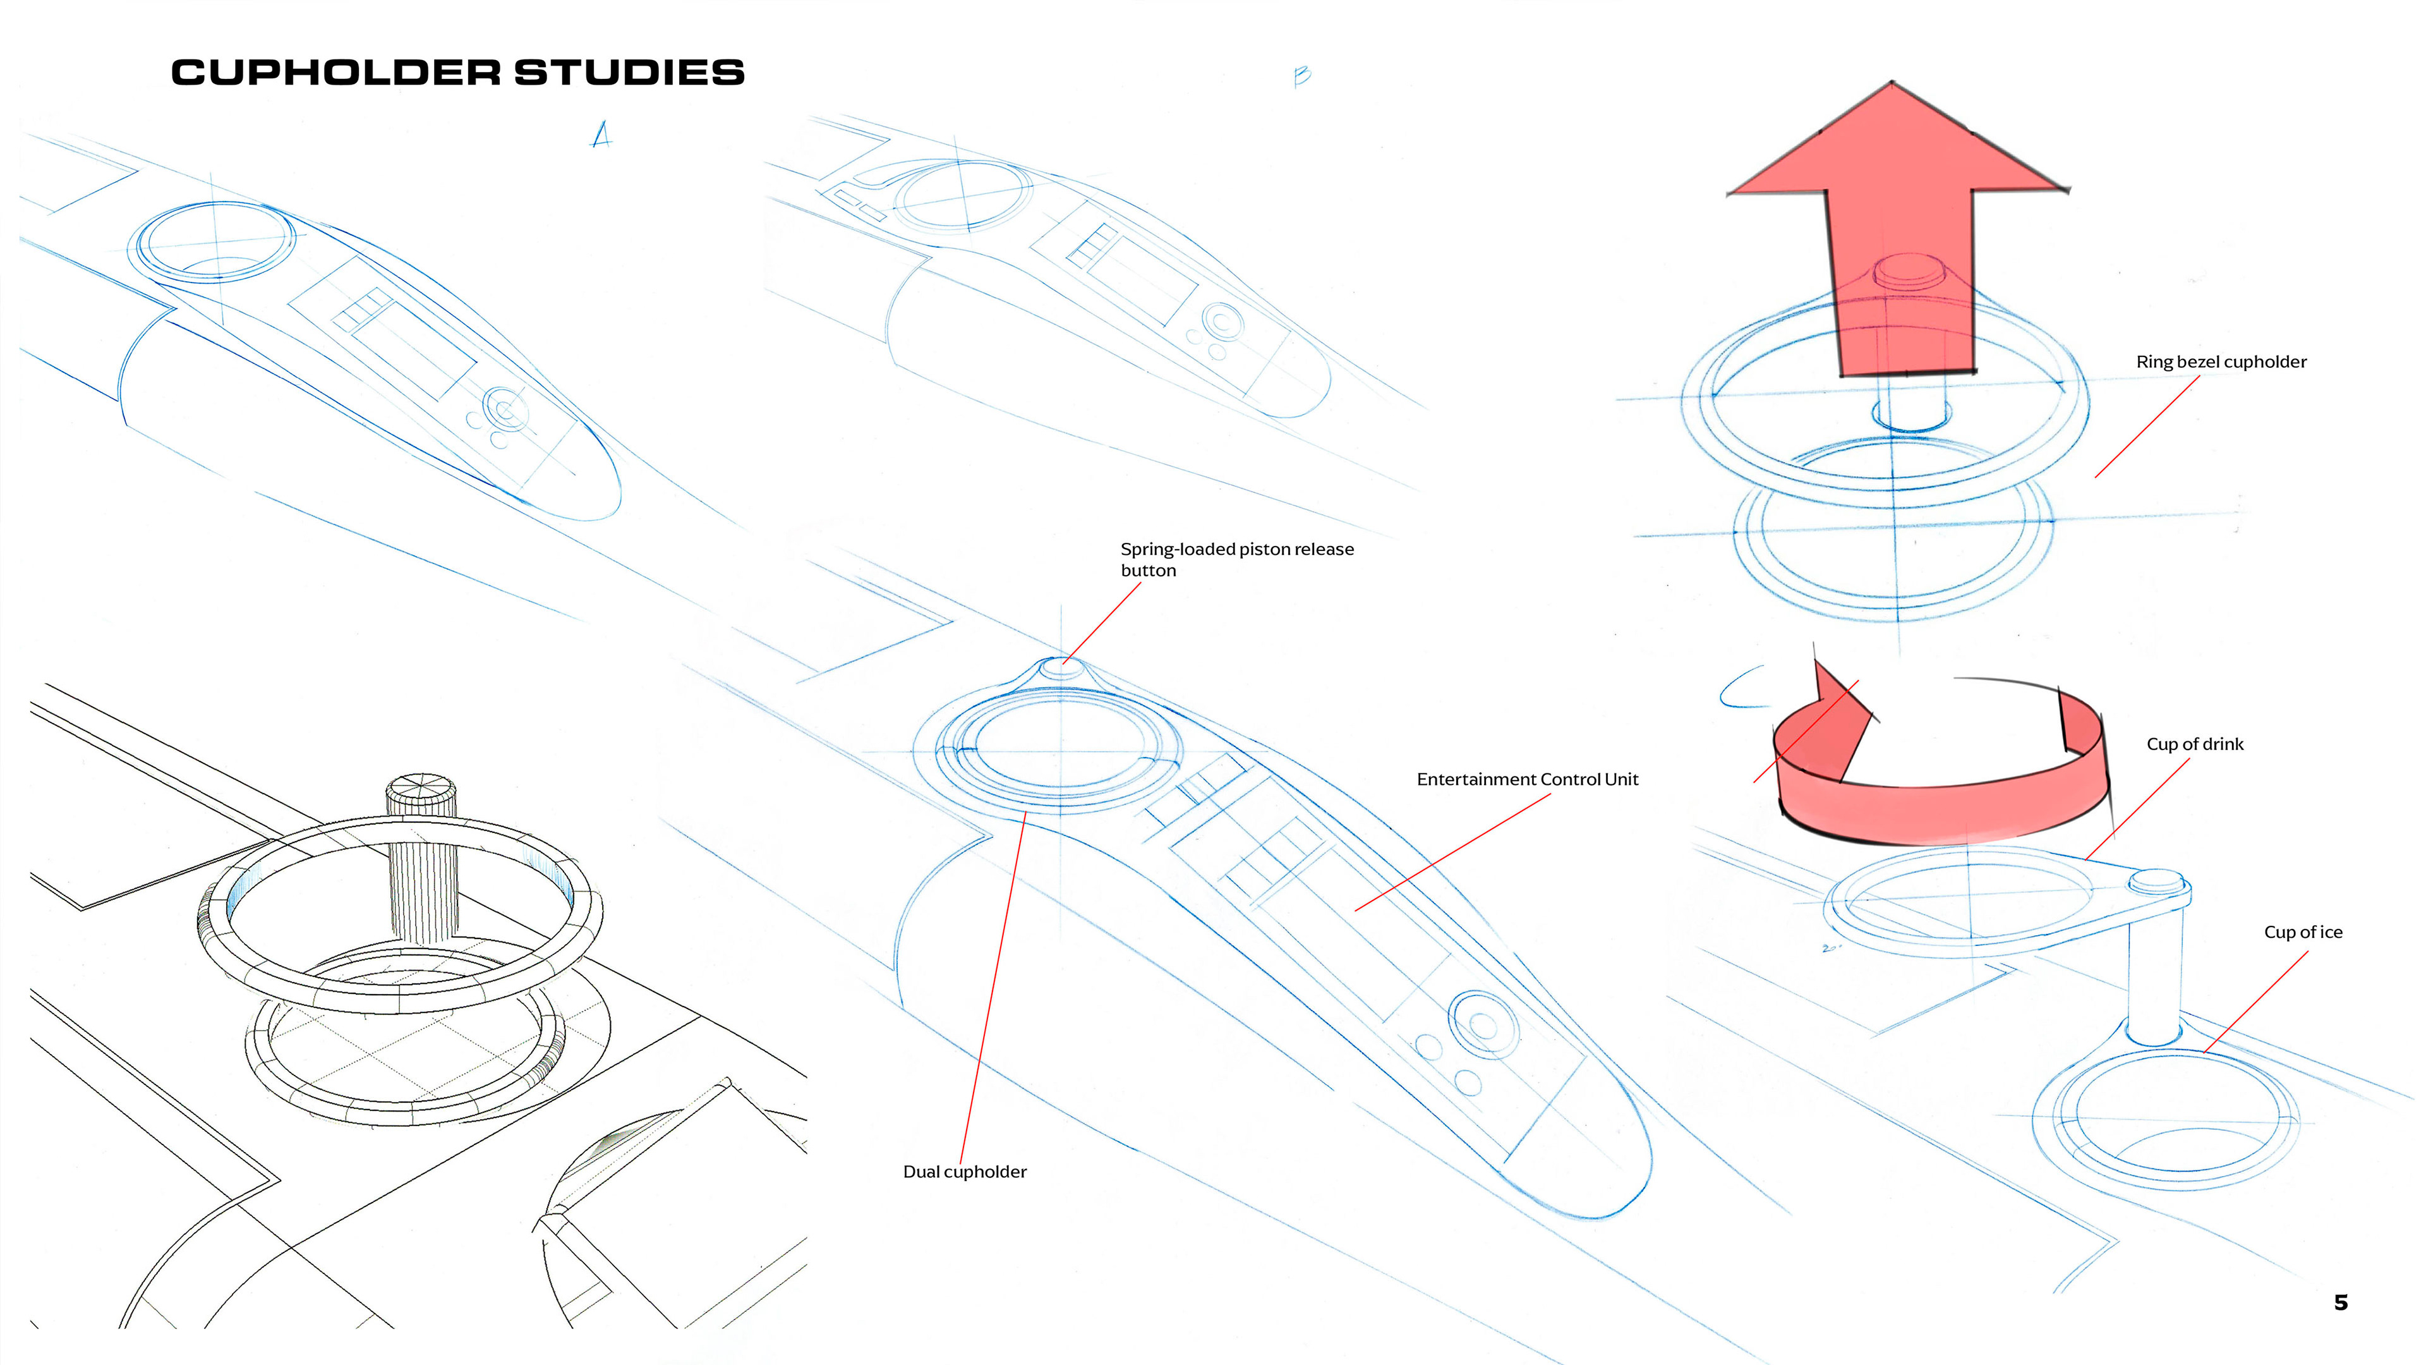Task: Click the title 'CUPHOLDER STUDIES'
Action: tap(457, 73)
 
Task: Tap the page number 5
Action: tap(2340, 1303)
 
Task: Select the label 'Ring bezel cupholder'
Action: tap(2221, 361)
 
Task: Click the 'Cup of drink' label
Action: tap(2194, 744)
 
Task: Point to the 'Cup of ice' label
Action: tap(2303, 931)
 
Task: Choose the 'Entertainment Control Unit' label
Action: tap(1526, 779)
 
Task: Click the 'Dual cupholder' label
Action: tap(964, 1172)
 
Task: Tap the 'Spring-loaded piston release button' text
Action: tap(1236, 559)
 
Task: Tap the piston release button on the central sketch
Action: tap(1061, 666)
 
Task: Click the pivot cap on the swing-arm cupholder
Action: tap(2157, 881)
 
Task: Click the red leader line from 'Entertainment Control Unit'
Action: tap(1451, 852)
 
